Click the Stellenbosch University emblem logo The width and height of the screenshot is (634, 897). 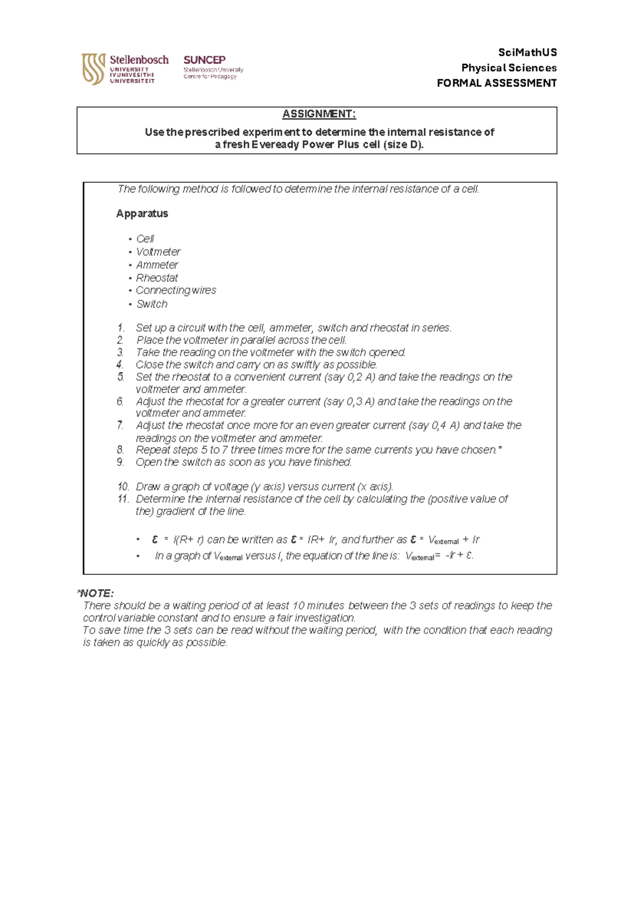(93, 69)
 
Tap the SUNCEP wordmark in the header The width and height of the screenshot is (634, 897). (204, 60)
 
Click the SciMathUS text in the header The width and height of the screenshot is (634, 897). (527, 52)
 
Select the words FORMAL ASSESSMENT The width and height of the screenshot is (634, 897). (496, 83)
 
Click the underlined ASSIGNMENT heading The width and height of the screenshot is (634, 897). (319, 114)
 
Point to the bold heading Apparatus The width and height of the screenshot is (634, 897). (142, 214)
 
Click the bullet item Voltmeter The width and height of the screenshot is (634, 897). (158, 252)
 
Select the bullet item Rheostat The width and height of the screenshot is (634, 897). (157, 278)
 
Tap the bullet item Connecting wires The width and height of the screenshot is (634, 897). (175, 290)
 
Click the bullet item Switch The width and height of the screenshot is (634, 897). (152, 304)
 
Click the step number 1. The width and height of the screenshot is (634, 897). (120, 328)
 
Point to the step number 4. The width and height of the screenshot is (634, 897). (120, 364)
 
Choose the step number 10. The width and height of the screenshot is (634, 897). (123, 487)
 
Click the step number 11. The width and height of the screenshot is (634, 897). (123, 499)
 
